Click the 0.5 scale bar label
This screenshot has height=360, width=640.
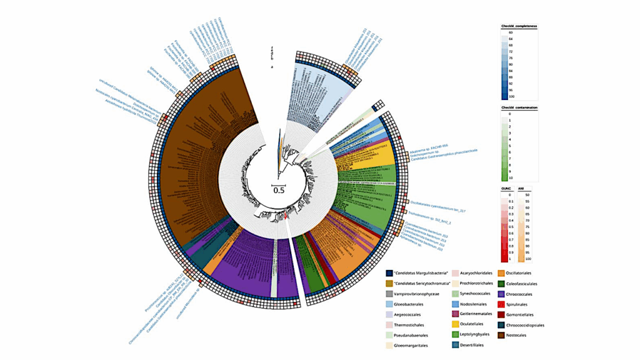pos(278,191)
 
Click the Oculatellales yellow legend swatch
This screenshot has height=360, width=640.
pos(445,325)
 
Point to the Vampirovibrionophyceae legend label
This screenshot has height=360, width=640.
pos(415,294)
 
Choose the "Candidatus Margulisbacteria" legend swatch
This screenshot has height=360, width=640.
pos(389,273)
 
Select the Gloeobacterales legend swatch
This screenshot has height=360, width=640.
pos(389,304)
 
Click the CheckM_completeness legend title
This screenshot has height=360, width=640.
pos(519,26)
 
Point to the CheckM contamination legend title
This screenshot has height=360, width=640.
pos(519,107)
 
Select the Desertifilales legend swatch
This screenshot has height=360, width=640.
pos(445,346)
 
